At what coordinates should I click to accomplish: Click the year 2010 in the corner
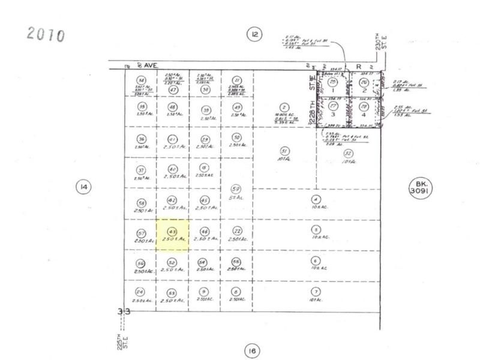pyautogui.click(x=45, y=35)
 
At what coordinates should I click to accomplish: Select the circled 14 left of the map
pyautogui.click(x=83, y=187)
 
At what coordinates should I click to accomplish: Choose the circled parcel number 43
pyautogui.click(x=173, y=231)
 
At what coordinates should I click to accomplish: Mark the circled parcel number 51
pyautogui.click(x=285, y=151)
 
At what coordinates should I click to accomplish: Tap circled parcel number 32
pyautogui.click(x=347, y=153)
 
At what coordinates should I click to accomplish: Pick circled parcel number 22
pyautogui.click(x=238, y=231)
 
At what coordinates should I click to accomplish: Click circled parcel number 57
pyautogui.click(x=142, y=233)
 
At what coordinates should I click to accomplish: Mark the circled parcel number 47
pyautogui.click(x=173, y=90)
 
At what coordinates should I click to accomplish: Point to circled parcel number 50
pyautogui.click(x=236, y=137)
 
